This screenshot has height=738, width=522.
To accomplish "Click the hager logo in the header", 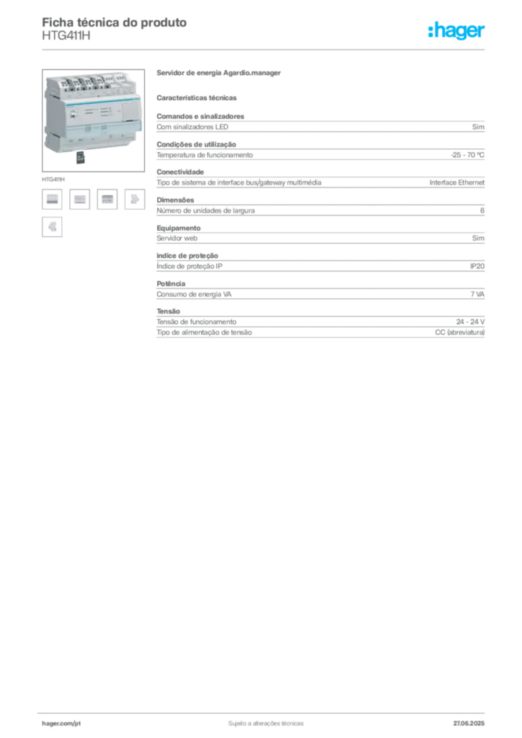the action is click(x=456, y=30).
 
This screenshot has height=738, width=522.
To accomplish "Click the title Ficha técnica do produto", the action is click(x=115, y=22).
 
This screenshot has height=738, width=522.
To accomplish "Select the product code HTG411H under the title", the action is click(x=66, y=36).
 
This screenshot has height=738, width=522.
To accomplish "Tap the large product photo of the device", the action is click(x=93, y=120).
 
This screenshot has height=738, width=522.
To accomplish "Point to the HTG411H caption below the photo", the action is click(x=53, y=179).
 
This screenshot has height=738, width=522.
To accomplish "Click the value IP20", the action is click(x=477, y=267).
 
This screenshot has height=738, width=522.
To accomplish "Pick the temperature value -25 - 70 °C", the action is click(x=467, y=155).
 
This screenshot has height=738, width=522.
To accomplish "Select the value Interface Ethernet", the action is click(x=456, y=182).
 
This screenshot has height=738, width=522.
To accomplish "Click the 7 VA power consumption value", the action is click(x=477, y=294).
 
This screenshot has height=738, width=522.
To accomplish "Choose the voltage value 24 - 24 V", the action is click(x=470, y=322).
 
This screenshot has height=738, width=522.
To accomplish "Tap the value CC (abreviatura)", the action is click(x=459, y=332).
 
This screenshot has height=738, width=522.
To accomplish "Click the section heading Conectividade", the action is click(x=180, y=172).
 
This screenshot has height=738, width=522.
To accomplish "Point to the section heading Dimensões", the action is click(x=175, y=200).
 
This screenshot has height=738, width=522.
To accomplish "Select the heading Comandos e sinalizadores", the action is click(x=200, y=116).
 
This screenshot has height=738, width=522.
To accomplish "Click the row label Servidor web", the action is click(x=177, y=238).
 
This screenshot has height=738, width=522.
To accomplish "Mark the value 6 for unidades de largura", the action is click(x=482, y=210).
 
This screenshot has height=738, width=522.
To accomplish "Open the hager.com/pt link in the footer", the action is click(x=61, y=724).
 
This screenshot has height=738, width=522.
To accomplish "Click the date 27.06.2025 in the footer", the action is click(x=469, y=724).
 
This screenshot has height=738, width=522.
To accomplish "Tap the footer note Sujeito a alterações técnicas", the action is click(x=266, y=724).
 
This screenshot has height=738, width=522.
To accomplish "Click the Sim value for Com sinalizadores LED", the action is click(x=478, y=127).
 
